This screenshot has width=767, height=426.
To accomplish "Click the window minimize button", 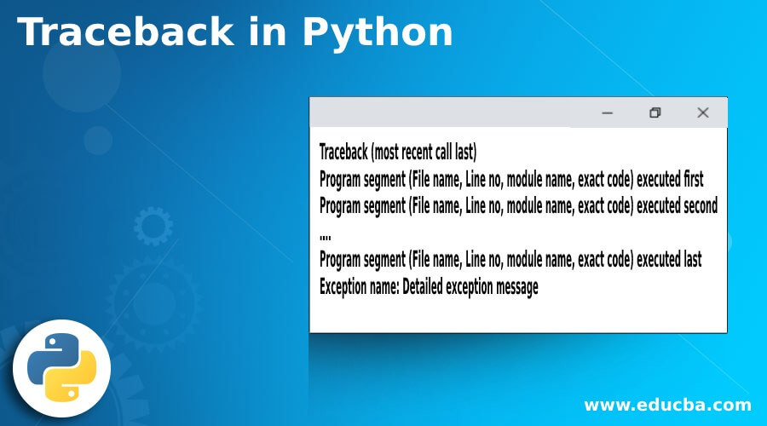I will tap(608, 112).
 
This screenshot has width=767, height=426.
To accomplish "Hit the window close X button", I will tap(703, 112).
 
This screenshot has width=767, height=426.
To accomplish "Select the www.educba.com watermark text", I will tap(667, 405).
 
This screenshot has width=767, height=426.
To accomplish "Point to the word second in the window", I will tap(694, 205).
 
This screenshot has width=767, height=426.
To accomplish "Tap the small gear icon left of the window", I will tap(153, 227).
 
